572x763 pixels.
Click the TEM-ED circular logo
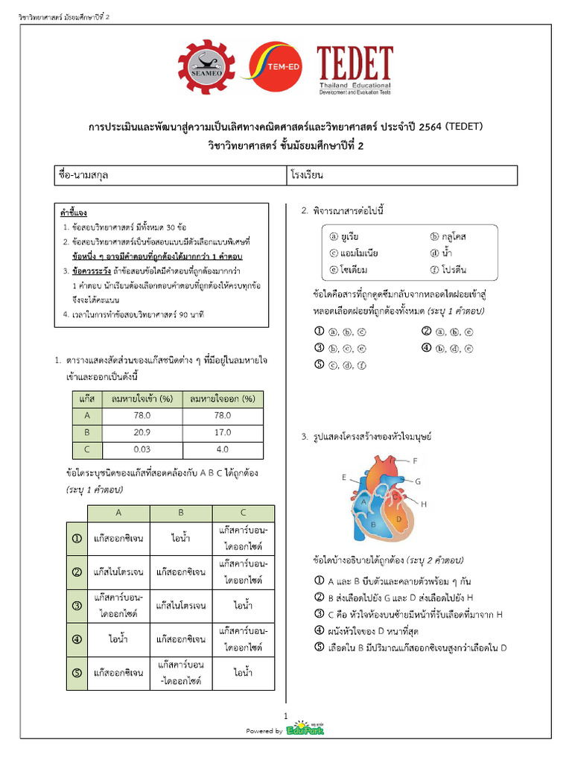276,70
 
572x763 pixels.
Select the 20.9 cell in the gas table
142,433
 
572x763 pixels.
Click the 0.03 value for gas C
142,450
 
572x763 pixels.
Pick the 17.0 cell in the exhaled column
223,433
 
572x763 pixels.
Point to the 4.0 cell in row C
223,450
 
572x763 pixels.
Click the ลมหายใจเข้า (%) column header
142,399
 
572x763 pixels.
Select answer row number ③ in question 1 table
76,606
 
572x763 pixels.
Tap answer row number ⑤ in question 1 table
76,673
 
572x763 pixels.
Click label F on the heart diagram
415,460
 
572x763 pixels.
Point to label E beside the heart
344,477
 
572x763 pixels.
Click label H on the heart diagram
424,504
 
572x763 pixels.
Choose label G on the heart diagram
419,481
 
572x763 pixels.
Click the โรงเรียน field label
310,176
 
